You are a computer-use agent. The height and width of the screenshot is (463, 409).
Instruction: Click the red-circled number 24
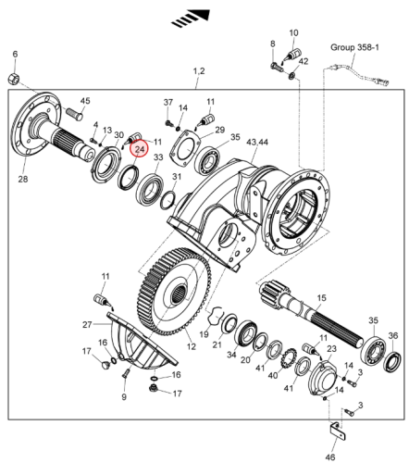click(x=140, y=149)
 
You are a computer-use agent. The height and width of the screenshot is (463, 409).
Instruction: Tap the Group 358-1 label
click(x=354, y=47)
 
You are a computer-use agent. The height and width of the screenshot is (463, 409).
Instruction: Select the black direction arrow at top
click(x=192, y=19)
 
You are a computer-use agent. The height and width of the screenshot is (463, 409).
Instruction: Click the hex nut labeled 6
click(x=14, y=79)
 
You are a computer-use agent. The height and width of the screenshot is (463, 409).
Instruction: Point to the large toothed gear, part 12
click(x=174, y=291)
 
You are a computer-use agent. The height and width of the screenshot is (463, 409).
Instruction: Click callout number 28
click(x=23, y=179)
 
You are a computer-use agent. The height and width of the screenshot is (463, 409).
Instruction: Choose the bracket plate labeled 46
click(x=338, y=432)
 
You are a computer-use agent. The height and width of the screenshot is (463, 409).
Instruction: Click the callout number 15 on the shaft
click(x=321, y=298)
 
